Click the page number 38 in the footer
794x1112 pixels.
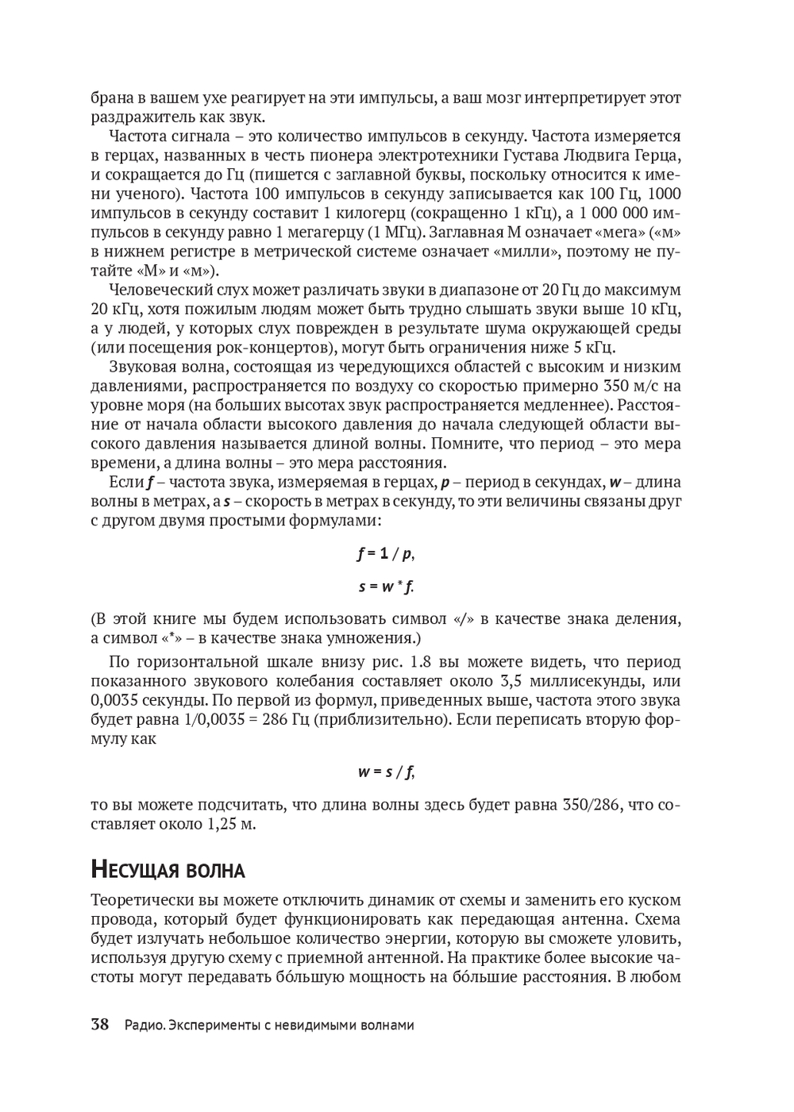click(99, 1025)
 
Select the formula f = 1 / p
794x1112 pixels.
click(385, 554)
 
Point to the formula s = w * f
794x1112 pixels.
click(386, 587)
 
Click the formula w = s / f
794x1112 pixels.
click(386, 771)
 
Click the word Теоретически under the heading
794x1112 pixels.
click(142, 901)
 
